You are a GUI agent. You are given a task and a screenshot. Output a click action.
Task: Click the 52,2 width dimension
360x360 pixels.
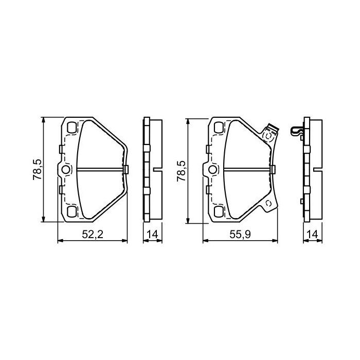(93, 235)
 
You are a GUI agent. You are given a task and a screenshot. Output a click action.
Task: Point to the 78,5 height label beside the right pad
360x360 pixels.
(182, 170)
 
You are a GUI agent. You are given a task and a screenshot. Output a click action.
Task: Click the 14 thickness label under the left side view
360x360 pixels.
(151, 235)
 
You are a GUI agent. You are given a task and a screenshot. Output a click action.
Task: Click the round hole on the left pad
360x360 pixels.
(66, 169)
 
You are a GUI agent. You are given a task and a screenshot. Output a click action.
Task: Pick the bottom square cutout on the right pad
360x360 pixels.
(219, 211)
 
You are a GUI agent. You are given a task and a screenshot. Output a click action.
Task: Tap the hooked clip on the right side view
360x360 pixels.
(297, 132)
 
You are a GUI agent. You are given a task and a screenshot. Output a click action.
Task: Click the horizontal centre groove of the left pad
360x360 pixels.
(100, 169)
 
